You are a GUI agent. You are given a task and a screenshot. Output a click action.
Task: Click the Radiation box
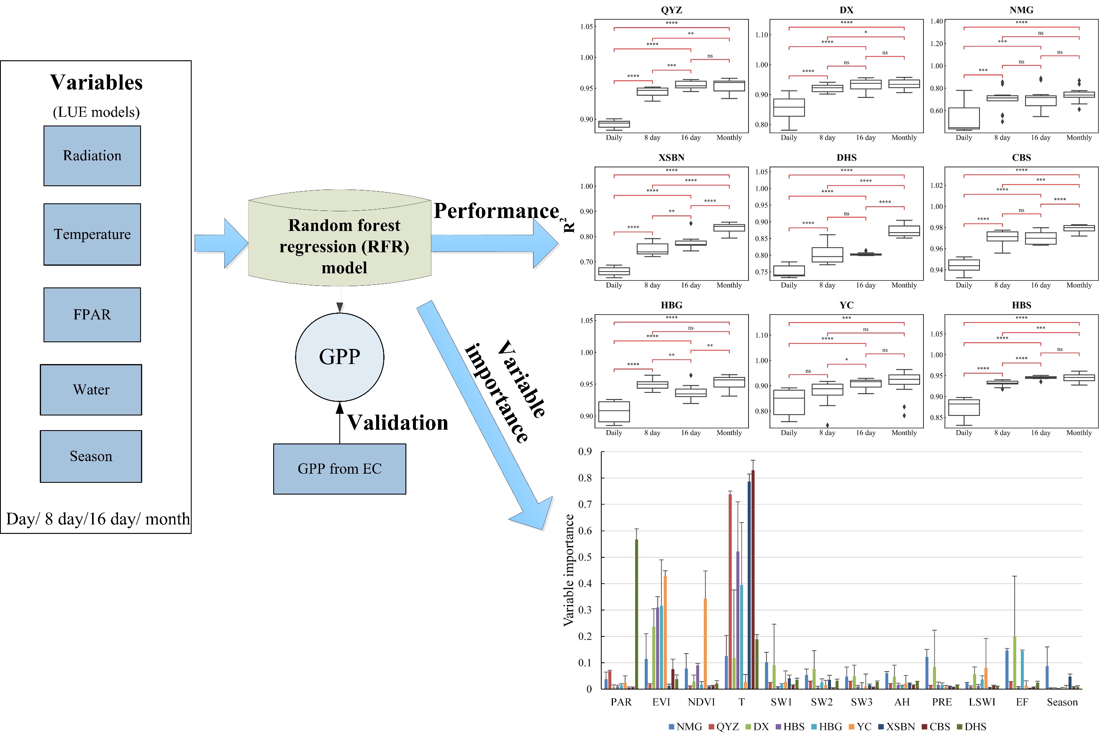(x=92, y=156)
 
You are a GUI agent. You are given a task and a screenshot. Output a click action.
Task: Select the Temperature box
(x=92, y=234)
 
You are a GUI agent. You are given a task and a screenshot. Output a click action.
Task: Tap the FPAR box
(x=92, y=315)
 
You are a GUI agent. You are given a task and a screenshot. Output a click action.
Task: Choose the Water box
(x=91, y=390)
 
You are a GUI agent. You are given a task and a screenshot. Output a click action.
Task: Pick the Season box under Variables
(x=91, y=456)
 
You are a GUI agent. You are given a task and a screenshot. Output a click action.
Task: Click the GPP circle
(x=340, y=357)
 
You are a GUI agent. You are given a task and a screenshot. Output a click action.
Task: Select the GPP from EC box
(x=340, y=469)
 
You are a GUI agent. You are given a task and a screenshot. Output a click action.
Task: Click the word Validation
(x=398, y=423)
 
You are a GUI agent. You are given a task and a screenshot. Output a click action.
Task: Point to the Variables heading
(x=96, y=82)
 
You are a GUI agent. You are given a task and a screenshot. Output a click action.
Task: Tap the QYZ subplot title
(x=671, y=10)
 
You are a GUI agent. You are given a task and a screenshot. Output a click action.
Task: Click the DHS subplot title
(x=846, y=157)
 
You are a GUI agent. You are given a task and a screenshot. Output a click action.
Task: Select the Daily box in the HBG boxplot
(x=614, y=412)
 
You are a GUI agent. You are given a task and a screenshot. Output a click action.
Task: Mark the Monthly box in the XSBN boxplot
(x=729, y=228)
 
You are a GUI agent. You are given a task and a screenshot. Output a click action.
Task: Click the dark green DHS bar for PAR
(x=636, y=614)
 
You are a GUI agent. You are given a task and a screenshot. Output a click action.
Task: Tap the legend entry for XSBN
(x=897, y=727)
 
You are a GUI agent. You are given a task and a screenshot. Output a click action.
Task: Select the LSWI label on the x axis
(x=982, y=702)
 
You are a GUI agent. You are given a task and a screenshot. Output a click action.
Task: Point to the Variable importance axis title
(x=569, y=570)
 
